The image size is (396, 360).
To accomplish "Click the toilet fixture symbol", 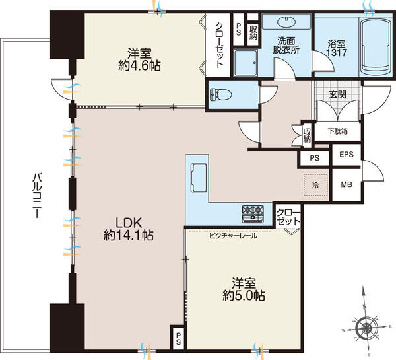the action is coord(220,95).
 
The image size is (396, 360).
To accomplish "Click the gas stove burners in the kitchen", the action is coord(253,214).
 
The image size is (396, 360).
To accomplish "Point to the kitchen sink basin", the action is coord(199,178).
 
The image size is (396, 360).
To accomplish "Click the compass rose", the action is coord(366,328).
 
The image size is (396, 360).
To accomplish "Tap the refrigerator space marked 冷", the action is coord(315,185).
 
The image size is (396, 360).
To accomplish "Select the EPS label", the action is coord(346,154).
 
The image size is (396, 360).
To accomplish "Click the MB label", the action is coord(346,184).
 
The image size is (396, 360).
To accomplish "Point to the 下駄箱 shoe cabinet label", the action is coord(338,131).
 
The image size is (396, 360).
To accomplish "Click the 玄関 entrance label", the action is coord(337,94).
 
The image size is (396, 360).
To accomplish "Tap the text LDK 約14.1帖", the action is coord(129,229).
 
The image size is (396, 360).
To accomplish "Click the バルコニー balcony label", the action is coord(37,195).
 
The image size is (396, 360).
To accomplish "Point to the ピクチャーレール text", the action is coord(234,236).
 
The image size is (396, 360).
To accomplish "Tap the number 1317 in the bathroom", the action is coord(337,53).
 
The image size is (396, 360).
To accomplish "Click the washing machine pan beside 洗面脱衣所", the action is coord(246,63).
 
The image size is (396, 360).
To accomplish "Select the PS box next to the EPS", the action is coord(314,158).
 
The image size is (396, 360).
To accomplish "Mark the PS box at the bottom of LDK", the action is coord(178,338).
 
